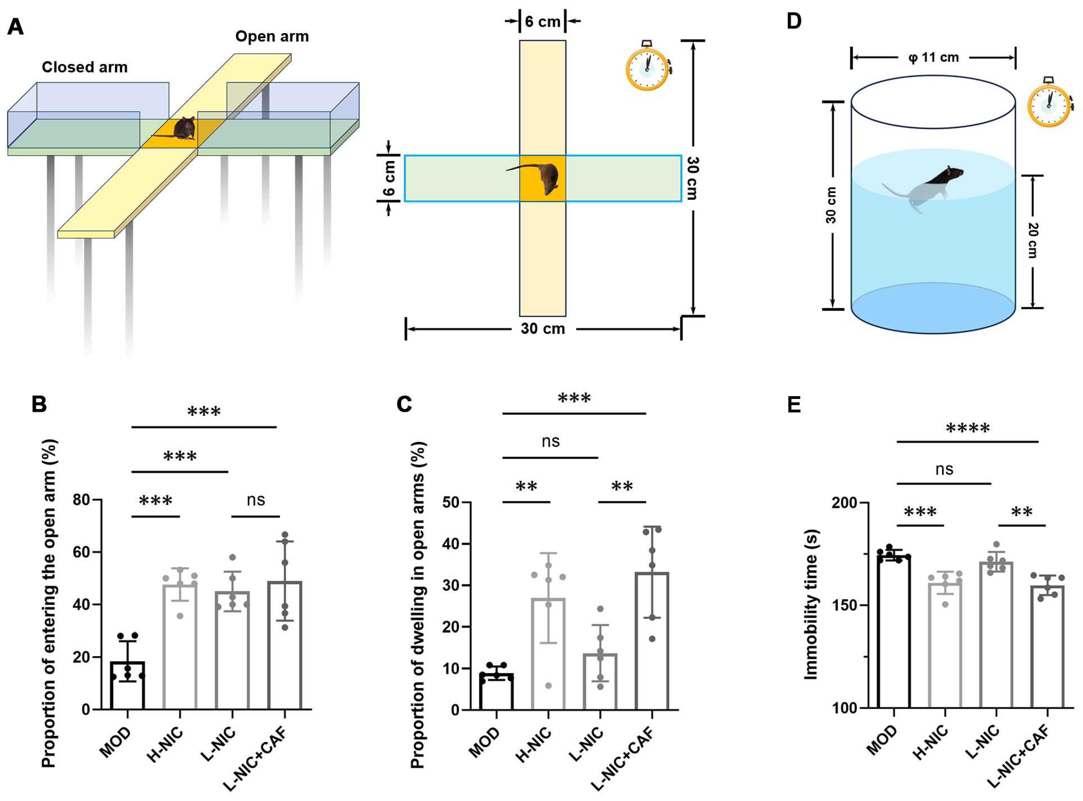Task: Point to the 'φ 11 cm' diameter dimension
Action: [x=934, y=58]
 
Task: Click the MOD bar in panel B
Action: [x=128, y=684]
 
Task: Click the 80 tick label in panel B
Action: [x=81, y=500]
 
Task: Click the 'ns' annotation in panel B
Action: [x=256, y=500]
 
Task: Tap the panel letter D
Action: [x=794, y=21]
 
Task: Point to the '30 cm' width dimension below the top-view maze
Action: [x=543, y=329]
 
